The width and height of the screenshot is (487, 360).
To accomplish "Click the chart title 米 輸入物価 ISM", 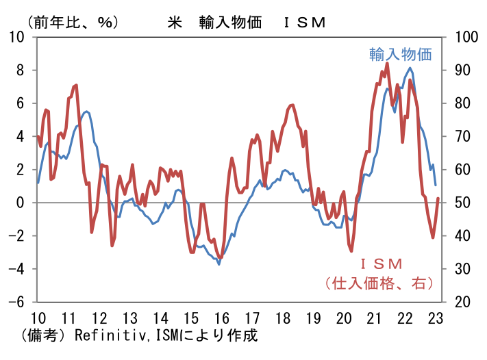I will [246, 21].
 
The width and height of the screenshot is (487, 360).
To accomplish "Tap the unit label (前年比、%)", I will [68, 21].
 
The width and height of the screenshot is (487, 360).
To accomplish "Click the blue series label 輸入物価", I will [401, 54].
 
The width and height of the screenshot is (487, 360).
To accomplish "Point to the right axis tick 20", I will [457, 302].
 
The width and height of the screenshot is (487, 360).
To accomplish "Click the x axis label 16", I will [221, 318].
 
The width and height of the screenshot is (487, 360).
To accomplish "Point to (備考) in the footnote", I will [42, 336].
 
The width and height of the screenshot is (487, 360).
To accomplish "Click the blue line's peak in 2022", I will [410, 67].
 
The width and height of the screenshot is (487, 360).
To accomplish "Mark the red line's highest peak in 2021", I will [387, 64].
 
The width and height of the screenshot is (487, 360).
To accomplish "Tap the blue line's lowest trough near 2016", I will [219, 263].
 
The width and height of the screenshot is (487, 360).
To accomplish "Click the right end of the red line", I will [438, 198].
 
